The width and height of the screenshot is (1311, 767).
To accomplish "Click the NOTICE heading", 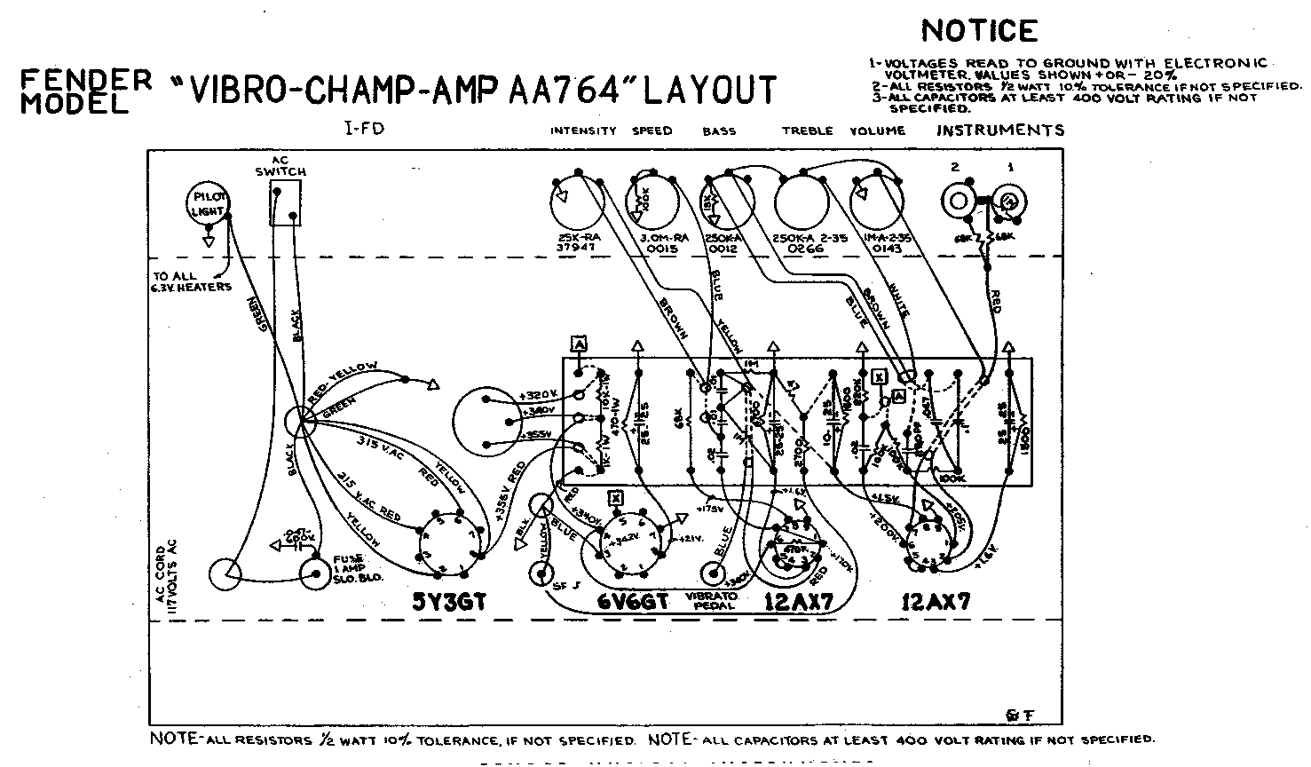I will pos(979,31).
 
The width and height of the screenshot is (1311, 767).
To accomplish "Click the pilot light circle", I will pos(207,205).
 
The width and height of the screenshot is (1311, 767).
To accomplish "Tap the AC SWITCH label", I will pos(286,165).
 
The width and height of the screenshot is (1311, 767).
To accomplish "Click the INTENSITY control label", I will pos(582,130).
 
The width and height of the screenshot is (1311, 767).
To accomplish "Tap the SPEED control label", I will pos(652,130).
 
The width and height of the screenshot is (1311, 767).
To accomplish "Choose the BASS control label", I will pos(719,130).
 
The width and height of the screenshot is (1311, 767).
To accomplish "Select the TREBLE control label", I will pos(807,130).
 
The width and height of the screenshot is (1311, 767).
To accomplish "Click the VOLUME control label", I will pos(877,130).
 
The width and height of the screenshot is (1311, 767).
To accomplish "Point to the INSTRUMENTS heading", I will pos(999,130).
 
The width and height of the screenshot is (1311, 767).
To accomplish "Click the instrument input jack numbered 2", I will pos(958,201).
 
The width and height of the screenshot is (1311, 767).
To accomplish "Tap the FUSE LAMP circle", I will pos(314,574).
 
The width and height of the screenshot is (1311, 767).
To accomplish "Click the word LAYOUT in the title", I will pos(709,90).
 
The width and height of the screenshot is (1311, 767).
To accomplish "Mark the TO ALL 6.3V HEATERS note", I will pos(192,281).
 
